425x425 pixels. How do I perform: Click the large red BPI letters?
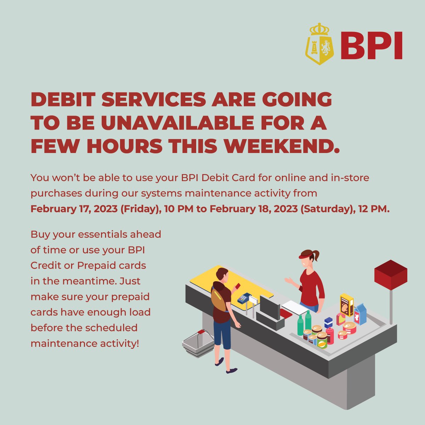point(371,46)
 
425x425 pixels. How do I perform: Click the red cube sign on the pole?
point(391,274)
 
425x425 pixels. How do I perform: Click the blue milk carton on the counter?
point(360,314)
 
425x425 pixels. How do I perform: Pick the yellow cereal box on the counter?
point(347,305)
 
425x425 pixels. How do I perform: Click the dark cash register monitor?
point(270,306)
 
